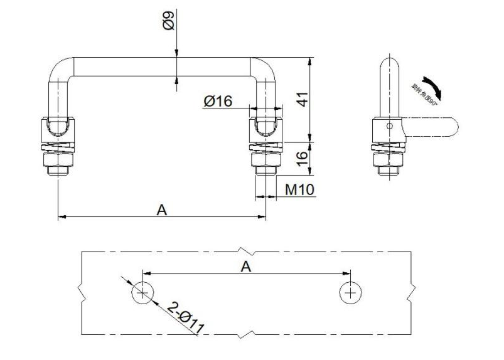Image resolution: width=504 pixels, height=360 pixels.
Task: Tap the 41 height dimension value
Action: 302,98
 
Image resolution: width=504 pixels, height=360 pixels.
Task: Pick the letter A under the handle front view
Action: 162,210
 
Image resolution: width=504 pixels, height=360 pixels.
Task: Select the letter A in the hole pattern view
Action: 246,266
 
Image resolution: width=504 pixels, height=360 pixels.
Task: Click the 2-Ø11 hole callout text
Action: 187,317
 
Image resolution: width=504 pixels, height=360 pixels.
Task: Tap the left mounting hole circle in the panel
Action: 142,292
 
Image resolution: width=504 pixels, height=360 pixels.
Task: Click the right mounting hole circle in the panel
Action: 350,292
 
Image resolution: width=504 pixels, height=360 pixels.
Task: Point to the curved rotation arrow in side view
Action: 432,87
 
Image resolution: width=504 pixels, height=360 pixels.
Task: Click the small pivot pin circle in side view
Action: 390,126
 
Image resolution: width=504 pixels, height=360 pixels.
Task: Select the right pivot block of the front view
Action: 266,129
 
